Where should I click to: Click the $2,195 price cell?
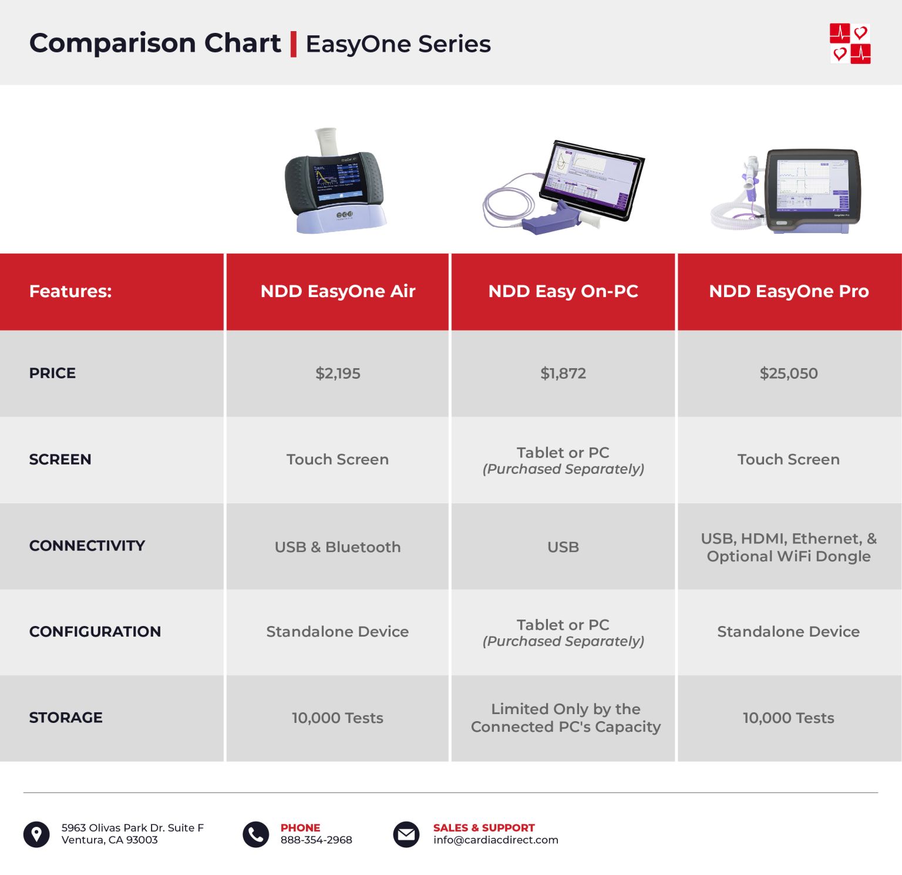338,373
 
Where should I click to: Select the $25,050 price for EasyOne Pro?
788,373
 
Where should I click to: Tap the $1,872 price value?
563,373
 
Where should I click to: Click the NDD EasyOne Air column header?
338,291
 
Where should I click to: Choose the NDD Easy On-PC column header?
563,291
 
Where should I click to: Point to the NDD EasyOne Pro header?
788,291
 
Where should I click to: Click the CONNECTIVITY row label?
87,546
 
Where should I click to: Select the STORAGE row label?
66,718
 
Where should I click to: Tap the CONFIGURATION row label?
95,632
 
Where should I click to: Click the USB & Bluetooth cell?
338,547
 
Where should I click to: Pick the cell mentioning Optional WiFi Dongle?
788,547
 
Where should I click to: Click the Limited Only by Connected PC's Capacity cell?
565,718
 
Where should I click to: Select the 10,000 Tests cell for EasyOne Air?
338,718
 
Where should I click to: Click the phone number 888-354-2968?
316,840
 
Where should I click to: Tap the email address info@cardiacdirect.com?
496,840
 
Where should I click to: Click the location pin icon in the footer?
36,834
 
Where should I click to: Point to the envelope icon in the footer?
406,834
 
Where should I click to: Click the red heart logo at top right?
850,43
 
